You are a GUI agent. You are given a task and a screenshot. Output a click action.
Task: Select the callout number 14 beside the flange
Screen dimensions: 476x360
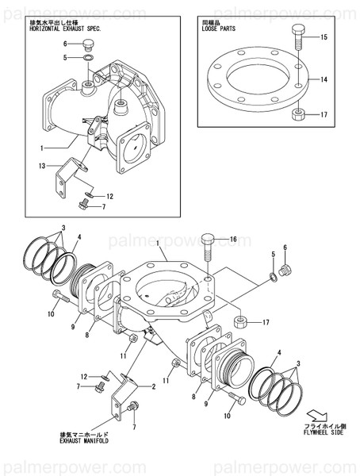324,80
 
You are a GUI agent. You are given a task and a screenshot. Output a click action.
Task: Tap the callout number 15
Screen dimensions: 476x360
324,37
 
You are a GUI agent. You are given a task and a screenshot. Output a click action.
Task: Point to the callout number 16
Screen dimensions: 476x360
234,239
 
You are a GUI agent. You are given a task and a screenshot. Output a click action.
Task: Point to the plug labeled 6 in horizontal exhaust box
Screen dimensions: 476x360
90,43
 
